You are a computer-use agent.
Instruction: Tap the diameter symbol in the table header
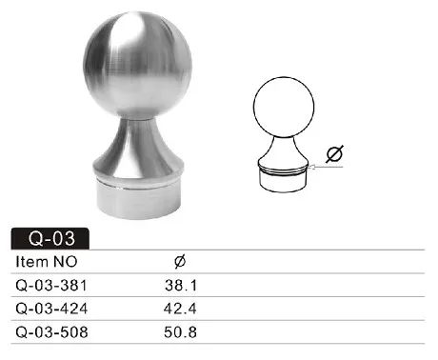pos(181,261)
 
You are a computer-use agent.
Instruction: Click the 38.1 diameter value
pos(181,285)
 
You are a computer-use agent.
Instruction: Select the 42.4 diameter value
pos(181,309)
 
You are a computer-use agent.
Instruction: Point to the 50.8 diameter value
pos(181,333)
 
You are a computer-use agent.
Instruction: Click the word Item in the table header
pos(31,261)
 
